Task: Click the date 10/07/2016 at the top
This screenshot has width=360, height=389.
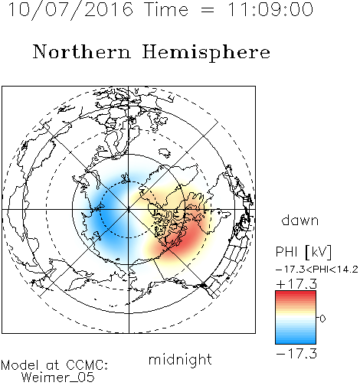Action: coord(70,10)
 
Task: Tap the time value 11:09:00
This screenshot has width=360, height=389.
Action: coord(270,10)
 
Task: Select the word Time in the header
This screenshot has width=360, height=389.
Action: coord(166,10)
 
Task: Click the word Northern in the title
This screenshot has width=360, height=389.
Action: coord(82,51)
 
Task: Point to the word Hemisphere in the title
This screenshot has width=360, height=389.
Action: coord(206,53)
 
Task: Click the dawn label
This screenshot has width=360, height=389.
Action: coord(300,221)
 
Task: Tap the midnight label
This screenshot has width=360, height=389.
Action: coord(180,360)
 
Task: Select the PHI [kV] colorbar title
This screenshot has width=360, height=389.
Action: coord(303,252)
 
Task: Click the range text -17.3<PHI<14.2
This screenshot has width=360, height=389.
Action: coord(317,270)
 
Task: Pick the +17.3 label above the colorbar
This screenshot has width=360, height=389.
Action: coord(296,284)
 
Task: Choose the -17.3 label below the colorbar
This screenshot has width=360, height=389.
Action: coord(296,354)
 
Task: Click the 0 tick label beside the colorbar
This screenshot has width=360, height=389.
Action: coord(322,319)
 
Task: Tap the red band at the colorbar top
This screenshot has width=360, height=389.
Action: coord(296,294)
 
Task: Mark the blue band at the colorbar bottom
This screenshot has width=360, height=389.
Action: coord(296,340)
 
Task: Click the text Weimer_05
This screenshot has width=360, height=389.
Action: coord(58,378)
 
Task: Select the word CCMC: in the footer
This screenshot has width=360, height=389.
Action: coord(87,365)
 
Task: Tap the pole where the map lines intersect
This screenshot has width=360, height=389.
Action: coord(129,209)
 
